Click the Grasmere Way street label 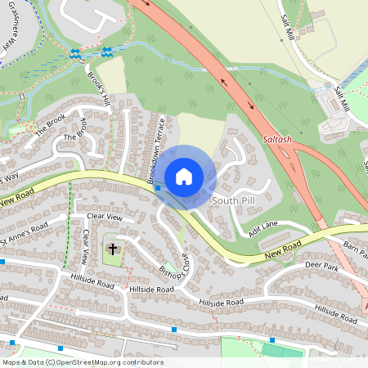point(9,33)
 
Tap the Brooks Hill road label point(98,86)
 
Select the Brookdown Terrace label point(155,150)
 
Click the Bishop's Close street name point(173,260)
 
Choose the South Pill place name point(235,200)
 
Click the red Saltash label point(277,140)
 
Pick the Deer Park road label point(321,266)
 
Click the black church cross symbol point(112,249)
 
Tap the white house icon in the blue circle point(184,176)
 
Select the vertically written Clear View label point(85,246)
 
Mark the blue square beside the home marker point(158,188)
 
